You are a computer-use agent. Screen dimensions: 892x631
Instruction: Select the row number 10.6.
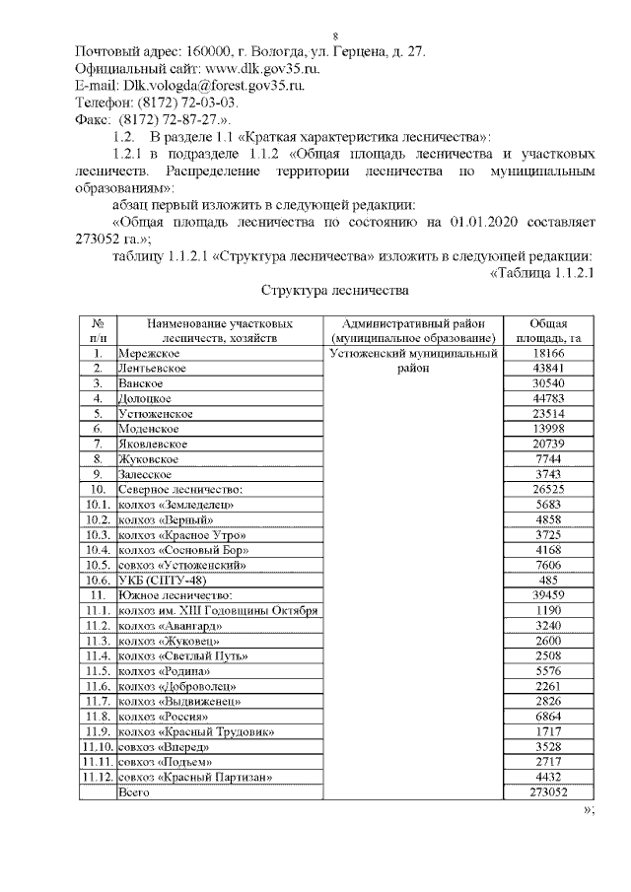point(97,581)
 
